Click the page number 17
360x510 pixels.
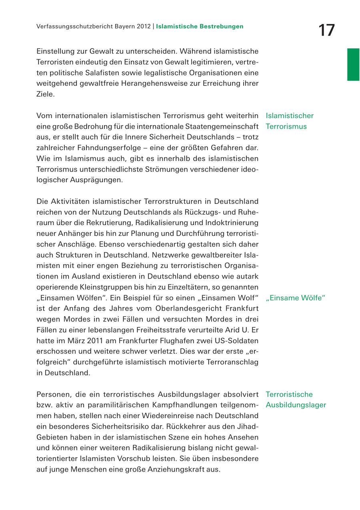point(327,30)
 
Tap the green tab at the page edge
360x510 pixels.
point(353,64)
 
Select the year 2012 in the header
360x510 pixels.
point(142,26)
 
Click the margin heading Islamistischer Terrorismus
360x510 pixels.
point(289,121)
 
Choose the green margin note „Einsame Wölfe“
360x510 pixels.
point(295,298)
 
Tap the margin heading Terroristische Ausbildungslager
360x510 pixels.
point(296,400)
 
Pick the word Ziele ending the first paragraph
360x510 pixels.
point(44,94)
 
